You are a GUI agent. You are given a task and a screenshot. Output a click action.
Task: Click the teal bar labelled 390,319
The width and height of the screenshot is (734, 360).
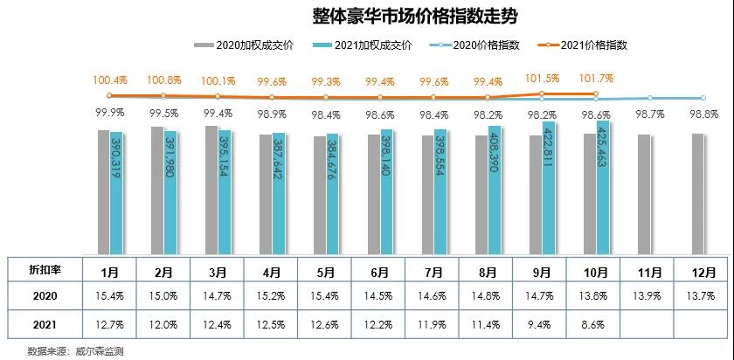[x=116, y=192]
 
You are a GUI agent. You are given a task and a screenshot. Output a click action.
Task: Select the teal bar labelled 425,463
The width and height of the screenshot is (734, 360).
[x=602, y=188]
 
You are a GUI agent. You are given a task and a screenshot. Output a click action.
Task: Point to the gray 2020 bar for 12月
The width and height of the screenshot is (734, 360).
[x=698, y=193]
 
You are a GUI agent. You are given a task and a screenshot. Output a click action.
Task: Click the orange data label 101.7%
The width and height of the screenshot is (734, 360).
[x=597, y=80]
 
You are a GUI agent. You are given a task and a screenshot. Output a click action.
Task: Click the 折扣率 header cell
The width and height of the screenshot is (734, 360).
[x=45, y=269]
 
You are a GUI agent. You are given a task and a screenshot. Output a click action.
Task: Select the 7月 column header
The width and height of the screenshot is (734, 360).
[x=433, y=269]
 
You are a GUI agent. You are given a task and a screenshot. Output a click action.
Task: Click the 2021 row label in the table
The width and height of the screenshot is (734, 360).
[x=45, y=324]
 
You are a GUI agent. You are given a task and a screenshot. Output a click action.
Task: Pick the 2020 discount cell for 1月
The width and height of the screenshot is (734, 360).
[x=110, y=297]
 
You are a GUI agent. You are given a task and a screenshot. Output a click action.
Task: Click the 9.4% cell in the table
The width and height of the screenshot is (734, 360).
[x=542, y=324]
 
